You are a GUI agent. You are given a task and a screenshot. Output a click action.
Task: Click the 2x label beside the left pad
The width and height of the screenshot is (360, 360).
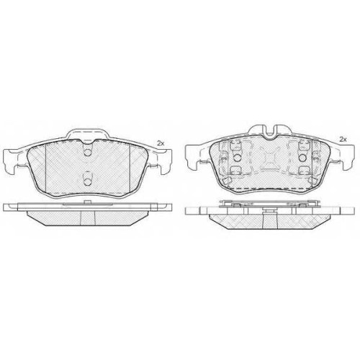coord(161,143)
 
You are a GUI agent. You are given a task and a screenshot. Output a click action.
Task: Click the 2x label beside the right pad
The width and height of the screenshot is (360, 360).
coord(343,139)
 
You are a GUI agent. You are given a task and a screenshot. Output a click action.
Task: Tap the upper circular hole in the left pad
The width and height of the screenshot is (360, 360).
coord(88,153)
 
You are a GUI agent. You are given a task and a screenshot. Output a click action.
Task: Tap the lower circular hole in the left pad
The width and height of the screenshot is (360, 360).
coord(88,182)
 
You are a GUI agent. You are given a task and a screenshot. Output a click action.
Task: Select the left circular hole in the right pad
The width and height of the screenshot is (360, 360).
coord(237,158)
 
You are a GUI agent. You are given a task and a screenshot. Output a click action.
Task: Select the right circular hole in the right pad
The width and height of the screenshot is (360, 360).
coord(302,158)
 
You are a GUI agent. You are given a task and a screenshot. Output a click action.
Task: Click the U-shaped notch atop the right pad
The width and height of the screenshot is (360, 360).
coord(270,132)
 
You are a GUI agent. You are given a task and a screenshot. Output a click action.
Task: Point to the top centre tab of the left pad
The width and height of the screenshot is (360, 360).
coord(88,134)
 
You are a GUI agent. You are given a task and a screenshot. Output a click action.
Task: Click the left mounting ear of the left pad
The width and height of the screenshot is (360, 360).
coord(11,161)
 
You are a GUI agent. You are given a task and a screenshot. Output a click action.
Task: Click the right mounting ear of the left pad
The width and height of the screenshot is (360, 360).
coord(164,161)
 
